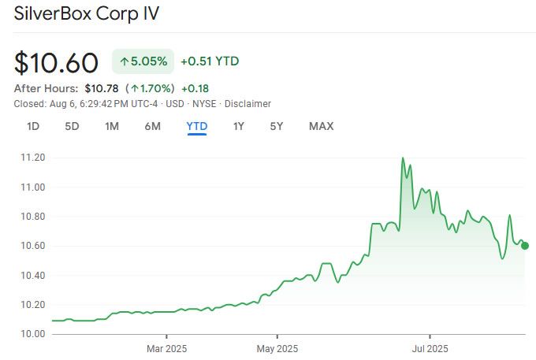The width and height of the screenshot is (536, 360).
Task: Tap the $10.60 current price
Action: coord(56,63)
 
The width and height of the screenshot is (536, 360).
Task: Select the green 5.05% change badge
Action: coord(143,61)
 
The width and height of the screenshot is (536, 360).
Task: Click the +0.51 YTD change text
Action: coord(210,61)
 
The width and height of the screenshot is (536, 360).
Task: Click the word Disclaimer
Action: coord(248,103)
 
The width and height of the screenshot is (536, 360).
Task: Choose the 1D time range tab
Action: coord(33,126)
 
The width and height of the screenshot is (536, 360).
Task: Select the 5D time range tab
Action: coord(72,126)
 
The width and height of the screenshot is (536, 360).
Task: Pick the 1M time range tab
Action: coord(112,126)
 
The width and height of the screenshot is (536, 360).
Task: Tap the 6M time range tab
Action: coord(152,126)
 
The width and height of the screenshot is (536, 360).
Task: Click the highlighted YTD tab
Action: coord(196,126)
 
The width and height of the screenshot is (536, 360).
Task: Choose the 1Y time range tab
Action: coord(238,126)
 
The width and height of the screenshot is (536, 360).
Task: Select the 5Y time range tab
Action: coord(277,126)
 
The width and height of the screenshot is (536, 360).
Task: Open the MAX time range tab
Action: coord(321,126)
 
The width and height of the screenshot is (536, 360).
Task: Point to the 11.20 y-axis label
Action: coord(32,158)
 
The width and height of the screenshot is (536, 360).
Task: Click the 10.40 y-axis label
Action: coord(32,276)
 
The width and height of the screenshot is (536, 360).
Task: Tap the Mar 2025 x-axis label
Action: coord(166,347)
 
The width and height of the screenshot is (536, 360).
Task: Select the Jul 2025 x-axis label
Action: coord(430,347)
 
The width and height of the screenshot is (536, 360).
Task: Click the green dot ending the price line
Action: coord(525,245)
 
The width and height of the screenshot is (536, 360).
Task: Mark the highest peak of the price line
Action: coord(403,158)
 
